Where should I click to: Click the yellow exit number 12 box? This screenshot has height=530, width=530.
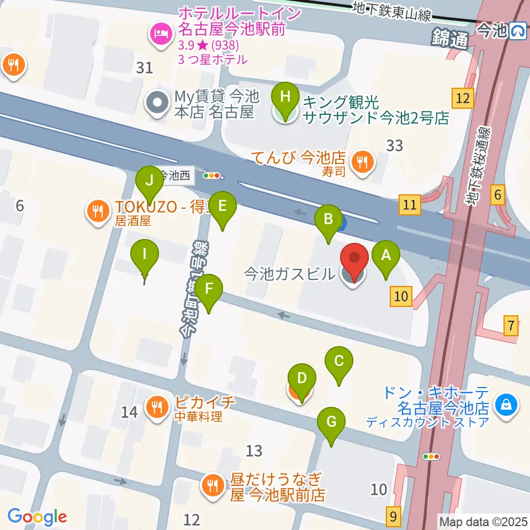(x=463, y=99)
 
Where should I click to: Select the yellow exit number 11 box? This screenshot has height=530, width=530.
(x=410, y=205)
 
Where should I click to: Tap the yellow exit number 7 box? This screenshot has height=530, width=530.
(x=512, y=326)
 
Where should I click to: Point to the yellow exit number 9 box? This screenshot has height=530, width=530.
(x=393, y=516)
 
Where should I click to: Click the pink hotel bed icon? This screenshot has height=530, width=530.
(x=160, y=34)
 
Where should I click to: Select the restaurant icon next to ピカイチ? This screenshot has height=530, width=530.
(x=157, y=407)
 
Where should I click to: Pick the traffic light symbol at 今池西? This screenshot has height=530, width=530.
(x=211, y=176)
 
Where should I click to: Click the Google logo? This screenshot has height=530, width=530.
(x=37, y=517)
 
